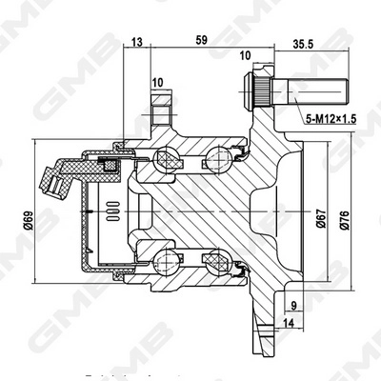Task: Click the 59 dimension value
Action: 201,41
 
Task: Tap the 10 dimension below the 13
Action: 155,84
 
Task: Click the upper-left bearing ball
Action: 163,158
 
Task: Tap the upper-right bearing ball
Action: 225,156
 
